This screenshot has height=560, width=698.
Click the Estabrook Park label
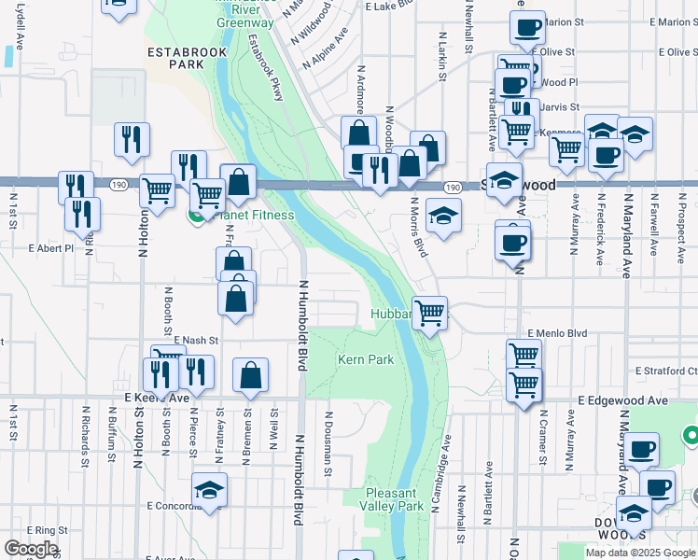[x=174, y=59]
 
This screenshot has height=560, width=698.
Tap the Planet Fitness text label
[x=254, y=216]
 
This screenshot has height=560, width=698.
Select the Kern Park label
[x=365, y=359]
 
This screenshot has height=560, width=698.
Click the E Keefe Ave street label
[x=157, y=397]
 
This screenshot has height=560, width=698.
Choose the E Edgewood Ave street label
[x=622, y=399]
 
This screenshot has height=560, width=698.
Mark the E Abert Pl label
[x=50, y=249]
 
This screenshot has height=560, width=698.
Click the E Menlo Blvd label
[x=557, y=332]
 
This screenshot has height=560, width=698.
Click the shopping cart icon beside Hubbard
[x=429, y=314]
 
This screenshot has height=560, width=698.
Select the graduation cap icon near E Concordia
[x=209, y=489]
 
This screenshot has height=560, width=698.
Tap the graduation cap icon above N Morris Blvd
[x=443, y=216]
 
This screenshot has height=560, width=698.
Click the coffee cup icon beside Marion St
[x=527, y=28]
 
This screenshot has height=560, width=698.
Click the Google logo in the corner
[x=30, y=549]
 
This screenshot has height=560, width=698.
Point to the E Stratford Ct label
[x=666, y=371]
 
